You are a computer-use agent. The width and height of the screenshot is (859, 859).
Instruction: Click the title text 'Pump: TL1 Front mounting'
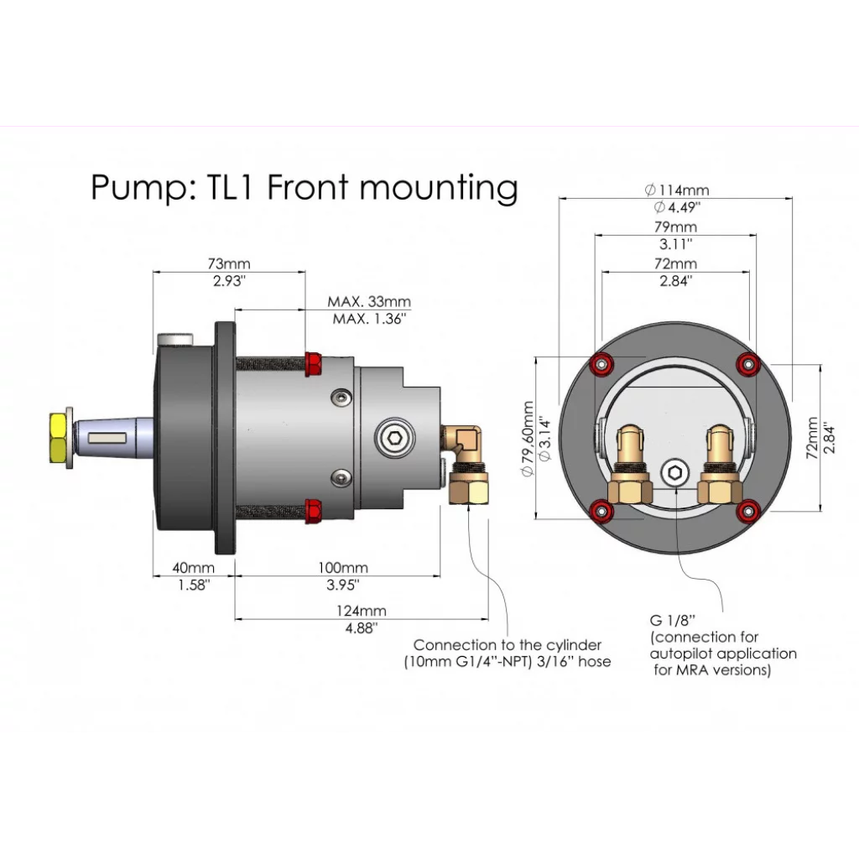[304, 187]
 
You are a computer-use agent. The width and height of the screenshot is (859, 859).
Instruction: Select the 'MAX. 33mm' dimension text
[369, 302]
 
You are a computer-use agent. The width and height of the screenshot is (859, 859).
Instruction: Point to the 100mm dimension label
[342, 568]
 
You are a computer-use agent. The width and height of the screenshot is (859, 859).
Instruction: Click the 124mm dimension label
[362, 611]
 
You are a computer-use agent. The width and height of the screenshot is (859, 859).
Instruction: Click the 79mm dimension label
[675, 227]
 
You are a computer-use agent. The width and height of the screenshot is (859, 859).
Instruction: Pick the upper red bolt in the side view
[315, 363]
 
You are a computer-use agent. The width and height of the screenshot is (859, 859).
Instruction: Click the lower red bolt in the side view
[314, 508]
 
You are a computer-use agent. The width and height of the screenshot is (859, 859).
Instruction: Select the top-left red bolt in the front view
[601, 364]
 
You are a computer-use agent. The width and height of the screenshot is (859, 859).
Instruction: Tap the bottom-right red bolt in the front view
[747, 508]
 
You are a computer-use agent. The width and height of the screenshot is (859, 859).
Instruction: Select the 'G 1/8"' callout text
[673, 621]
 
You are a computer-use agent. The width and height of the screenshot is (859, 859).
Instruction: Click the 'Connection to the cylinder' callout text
[508, 645]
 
